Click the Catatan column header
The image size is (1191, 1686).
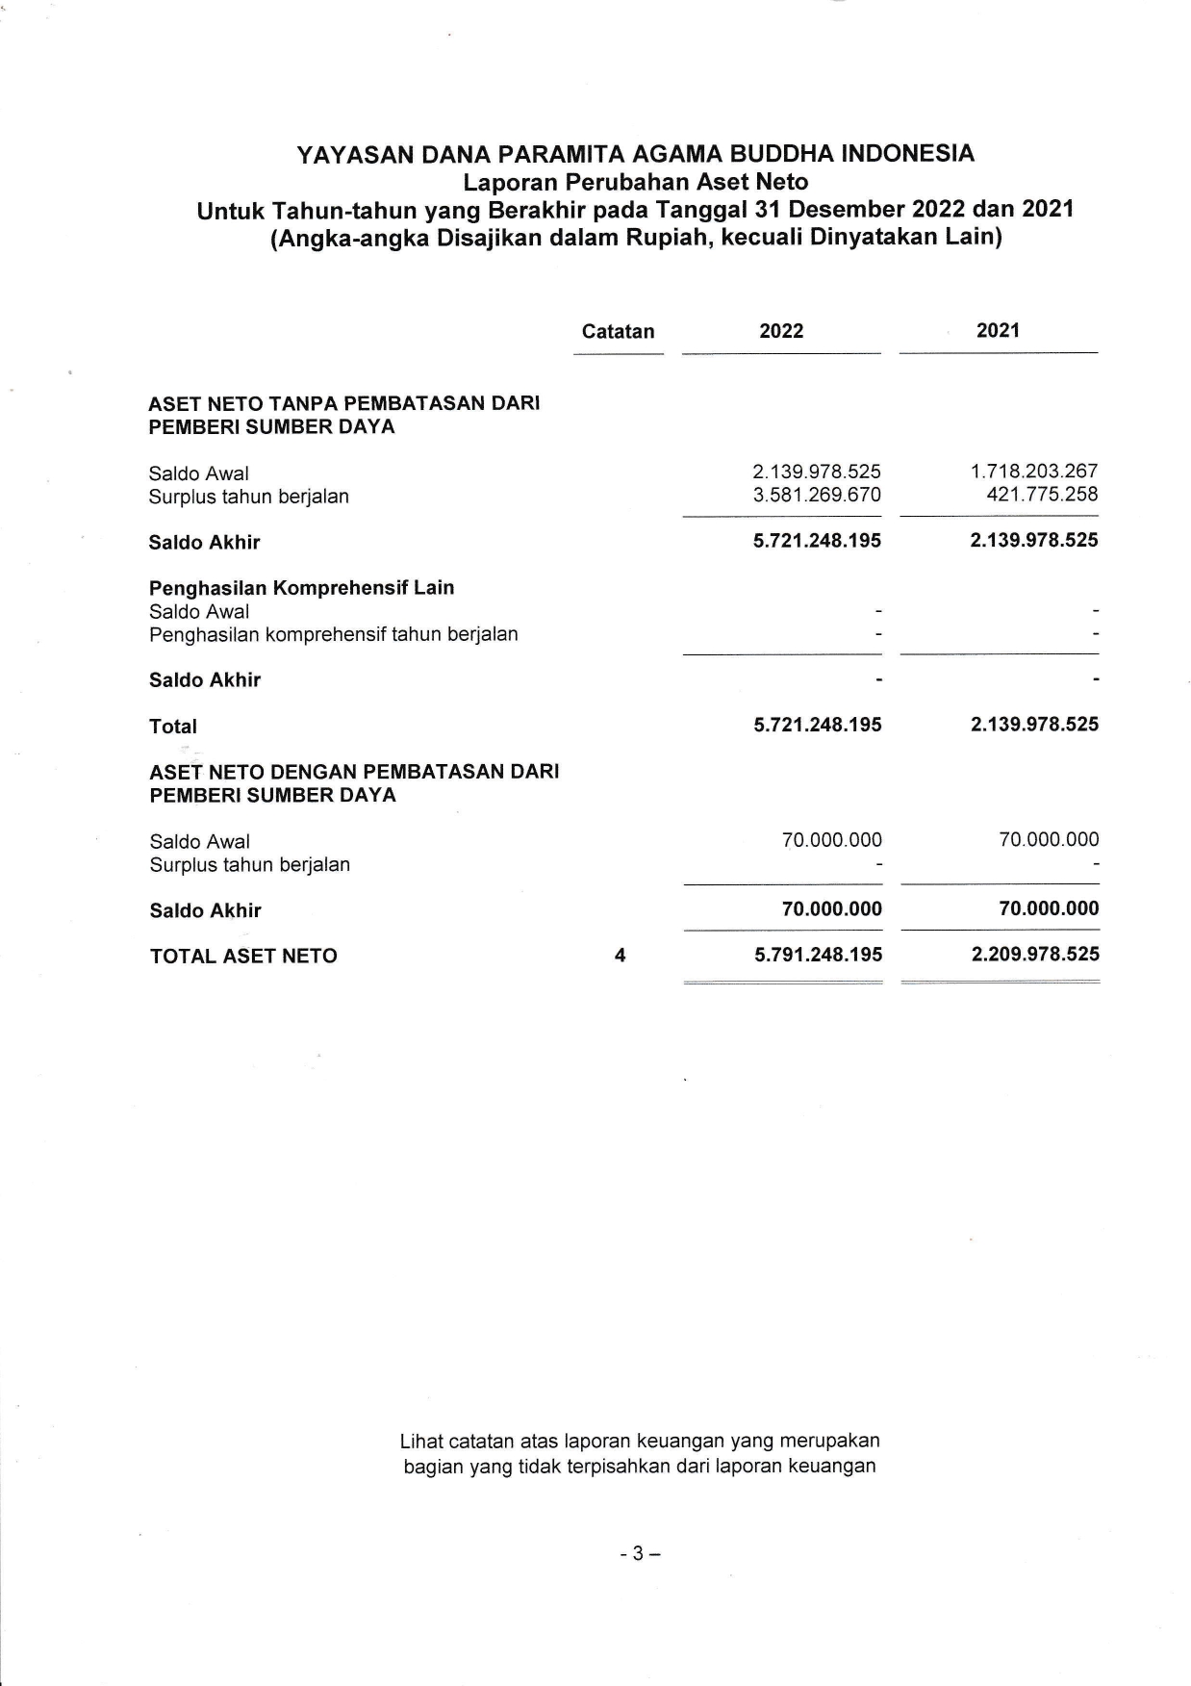618,332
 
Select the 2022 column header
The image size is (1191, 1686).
781,332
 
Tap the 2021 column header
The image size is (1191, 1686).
998,331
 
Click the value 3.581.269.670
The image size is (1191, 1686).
817,496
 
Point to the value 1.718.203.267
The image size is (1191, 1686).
1034,472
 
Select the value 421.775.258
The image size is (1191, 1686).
1042,496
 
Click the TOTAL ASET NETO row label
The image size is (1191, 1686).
243,957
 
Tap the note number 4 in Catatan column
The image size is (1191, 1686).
620,956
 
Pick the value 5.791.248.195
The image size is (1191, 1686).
819,955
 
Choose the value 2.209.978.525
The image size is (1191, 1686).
1035,955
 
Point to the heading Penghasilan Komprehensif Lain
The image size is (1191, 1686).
301,588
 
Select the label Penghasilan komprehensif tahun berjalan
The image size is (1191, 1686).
333,634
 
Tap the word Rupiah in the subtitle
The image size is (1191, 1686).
667,238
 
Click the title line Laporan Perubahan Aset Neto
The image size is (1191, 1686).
635,182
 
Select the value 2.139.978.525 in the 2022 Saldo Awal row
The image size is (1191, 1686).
817,472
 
